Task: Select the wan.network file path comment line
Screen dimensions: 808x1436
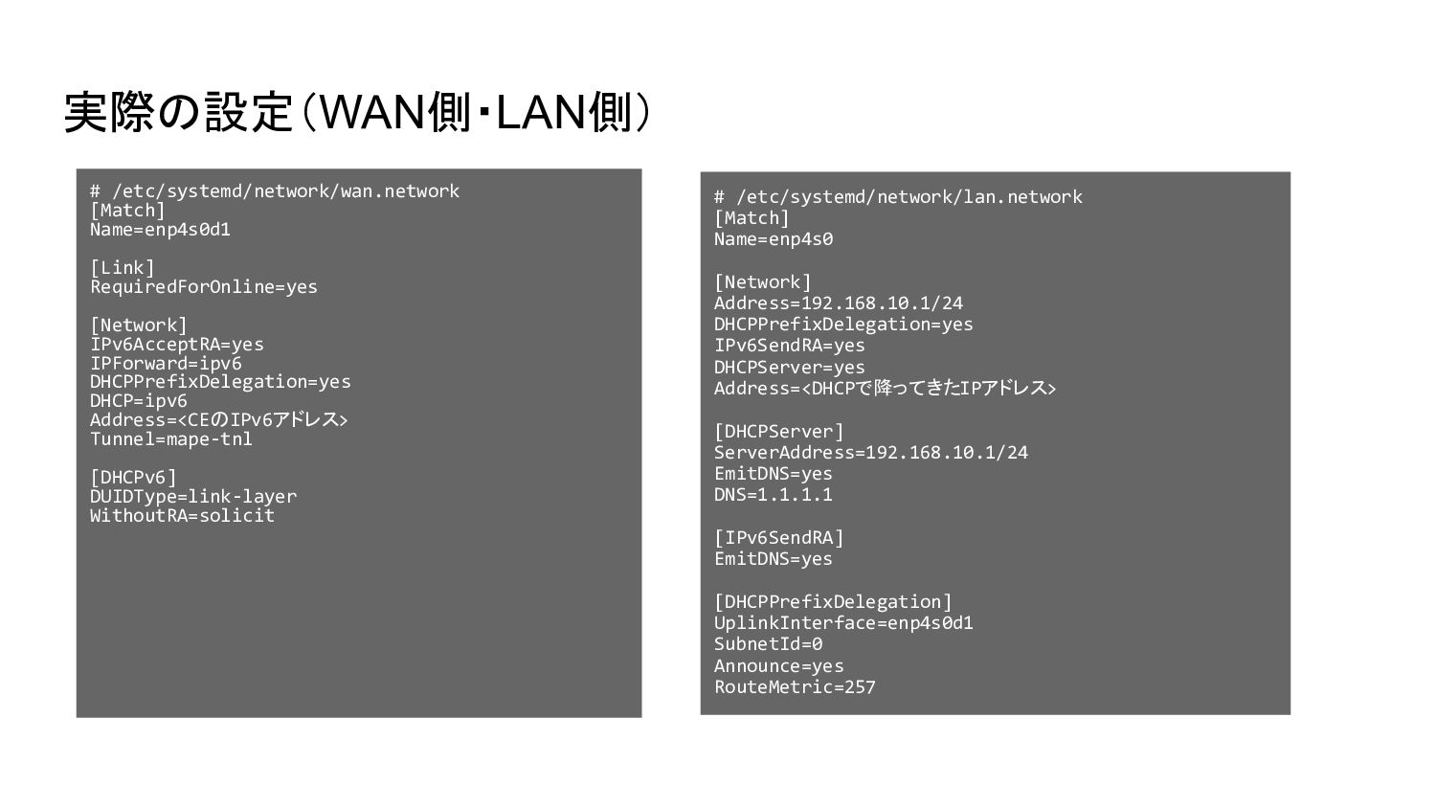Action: [x=275, y=191]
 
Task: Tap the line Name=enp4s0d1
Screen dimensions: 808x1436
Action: [x=160, y=230]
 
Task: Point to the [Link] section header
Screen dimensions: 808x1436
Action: [x=123, y=268]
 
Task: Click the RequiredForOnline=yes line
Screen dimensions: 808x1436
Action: [x=204, y=287]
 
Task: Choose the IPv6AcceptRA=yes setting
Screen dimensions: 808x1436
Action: [x=177, y=345]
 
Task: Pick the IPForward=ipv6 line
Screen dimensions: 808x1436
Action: [x=166, y=364]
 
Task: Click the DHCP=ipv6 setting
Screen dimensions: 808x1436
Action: [x=139, y=401]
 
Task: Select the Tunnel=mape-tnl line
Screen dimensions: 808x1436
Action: [x=171, y=439]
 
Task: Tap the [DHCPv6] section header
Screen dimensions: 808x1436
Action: [x=134, y=478]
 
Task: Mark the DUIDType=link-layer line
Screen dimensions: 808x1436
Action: [x=193, y=497]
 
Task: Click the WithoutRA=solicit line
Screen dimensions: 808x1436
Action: [x=182, y=516]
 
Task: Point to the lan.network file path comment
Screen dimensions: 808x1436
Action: [x=898, y=197]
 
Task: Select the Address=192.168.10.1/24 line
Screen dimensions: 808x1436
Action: [x=839, y=303]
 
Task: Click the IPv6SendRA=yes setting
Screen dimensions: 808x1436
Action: [x=789, y=346]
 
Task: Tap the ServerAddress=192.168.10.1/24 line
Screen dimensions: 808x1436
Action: [x=871, y=453]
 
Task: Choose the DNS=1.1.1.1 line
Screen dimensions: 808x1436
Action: [x=774, y=495]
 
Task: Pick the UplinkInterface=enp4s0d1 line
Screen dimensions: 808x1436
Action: [x=843, y=623]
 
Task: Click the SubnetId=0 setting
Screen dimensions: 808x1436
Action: [x=768, y=644]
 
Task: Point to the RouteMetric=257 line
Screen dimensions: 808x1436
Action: [x=795, y=687]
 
